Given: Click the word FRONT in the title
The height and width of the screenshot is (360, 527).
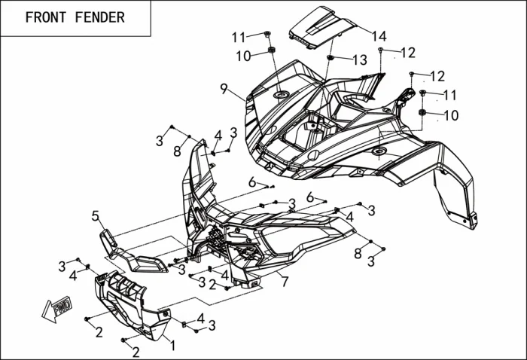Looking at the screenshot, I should [46, 17].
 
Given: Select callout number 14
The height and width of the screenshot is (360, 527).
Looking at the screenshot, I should [379, 36].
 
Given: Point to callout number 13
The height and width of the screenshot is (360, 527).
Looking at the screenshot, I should [359, 59].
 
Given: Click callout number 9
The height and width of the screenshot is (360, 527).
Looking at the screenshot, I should [224, 88].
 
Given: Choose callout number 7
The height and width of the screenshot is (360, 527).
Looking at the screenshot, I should [285, 282].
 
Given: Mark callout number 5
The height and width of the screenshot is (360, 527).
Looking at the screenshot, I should [96, 216].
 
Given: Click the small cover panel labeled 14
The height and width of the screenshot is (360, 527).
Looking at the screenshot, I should [320, 26].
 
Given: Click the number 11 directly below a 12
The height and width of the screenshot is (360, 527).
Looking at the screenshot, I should [449, 95].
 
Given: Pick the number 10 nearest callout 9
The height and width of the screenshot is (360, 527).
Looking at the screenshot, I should [242, 56].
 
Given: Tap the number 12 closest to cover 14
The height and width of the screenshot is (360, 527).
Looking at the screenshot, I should [407, 53].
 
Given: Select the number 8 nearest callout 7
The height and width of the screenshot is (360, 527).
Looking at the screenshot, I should [358, 254].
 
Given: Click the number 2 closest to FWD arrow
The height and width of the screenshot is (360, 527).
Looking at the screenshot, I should [99, 333].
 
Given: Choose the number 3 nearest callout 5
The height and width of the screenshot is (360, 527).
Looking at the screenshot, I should [62, 266].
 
